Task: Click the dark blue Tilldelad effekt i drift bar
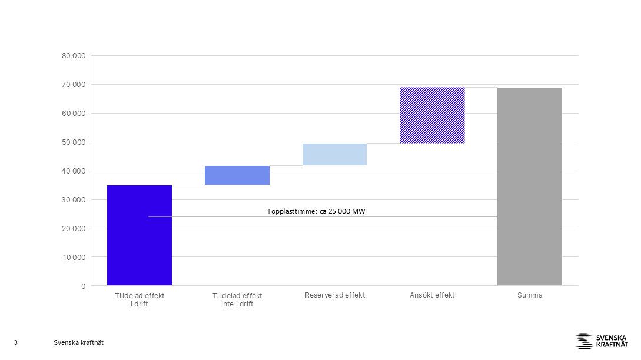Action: pos(140,235)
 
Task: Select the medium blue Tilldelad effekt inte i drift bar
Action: pos(237,175)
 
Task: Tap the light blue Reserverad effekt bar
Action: pos(334,155)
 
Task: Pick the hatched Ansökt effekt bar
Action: pos(432,115)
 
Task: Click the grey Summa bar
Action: pos(529,186)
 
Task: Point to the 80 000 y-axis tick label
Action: pos(74,55)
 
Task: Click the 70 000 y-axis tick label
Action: pos(74,85)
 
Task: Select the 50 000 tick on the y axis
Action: pos(74,142)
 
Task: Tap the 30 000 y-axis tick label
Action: pos(74,200)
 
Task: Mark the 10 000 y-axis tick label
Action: pos(74,258)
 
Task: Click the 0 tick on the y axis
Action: pos(84,286)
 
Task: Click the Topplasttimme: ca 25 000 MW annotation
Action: pos(316,211)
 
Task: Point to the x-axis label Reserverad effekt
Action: pos(335,295)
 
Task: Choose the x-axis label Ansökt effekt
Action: pos(432,295)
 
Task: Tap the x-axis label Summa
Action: pos(530,295)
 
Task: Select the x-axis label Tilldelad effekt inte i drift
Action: pos(237,300)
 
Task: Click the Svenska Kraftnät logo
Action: pos(602,341)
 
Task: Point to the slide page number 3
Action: pos(15,342)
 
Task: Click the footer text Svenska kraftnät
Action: pos(78,342)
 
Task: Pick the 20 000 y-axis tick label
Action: pos(74,229)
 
